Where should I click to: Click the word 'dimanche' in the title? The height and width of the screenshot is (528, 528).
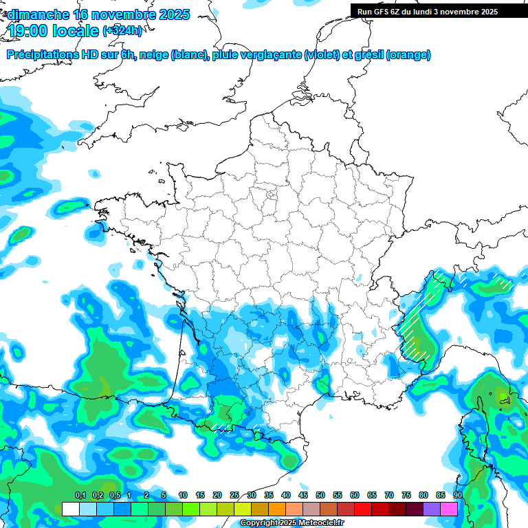pos(38,14)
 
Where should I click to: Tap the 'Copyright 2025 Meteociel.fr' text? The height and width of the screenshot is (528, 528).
pos(293,523)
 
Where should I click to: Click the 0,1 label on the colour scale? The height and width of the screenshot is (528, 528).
pos(80,495)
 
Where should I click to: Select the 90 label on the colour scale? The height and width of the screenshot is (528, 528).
pos(457,495)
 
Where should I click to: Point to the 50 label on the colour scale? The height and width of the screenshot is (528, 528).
pos(320,495)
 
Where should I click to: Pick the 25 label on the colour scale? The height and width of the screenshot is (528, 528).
pos(234,495)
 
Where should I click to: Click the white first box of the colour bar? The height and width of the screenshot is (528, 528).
pos(70,509)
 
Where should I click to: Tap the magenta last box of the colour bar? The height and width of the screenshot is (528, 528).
pos(449,509)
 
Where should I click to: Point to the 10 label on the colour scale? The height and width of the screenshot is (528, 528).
pos(183,495)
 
